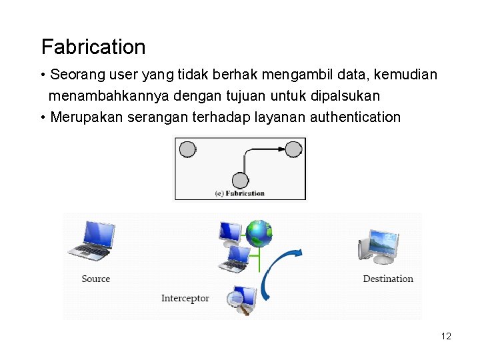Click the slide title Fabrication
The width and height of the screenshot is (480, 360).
[x=93, y=47]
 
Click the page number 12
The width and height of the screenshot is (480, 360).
[x=446, y=336]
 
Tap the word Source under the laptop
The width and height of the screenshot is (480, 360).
[x=95, y=279]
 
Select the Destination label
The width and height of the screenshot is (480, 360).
[x=388, y=279]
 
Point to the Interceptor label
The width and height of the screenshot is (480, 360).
[x=185, y=298]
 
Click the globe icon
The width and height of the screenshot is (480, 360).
[x=259, y=233]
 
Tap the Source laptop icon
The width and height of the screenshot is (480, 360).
[x=92, y=240]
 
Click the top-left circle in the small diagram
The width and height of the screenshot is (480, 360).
[x=188, y=149]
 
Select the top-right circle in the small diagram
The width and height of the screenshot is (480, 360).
[x=293, y=149]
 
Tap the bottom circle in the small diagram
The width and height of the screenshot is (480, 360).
[x=240, y=180]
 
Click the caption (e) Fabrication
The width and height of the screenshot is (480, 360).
[x=239, y=193]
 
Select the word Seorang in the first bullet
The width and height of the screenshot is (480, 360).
[x=73, y=74]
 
